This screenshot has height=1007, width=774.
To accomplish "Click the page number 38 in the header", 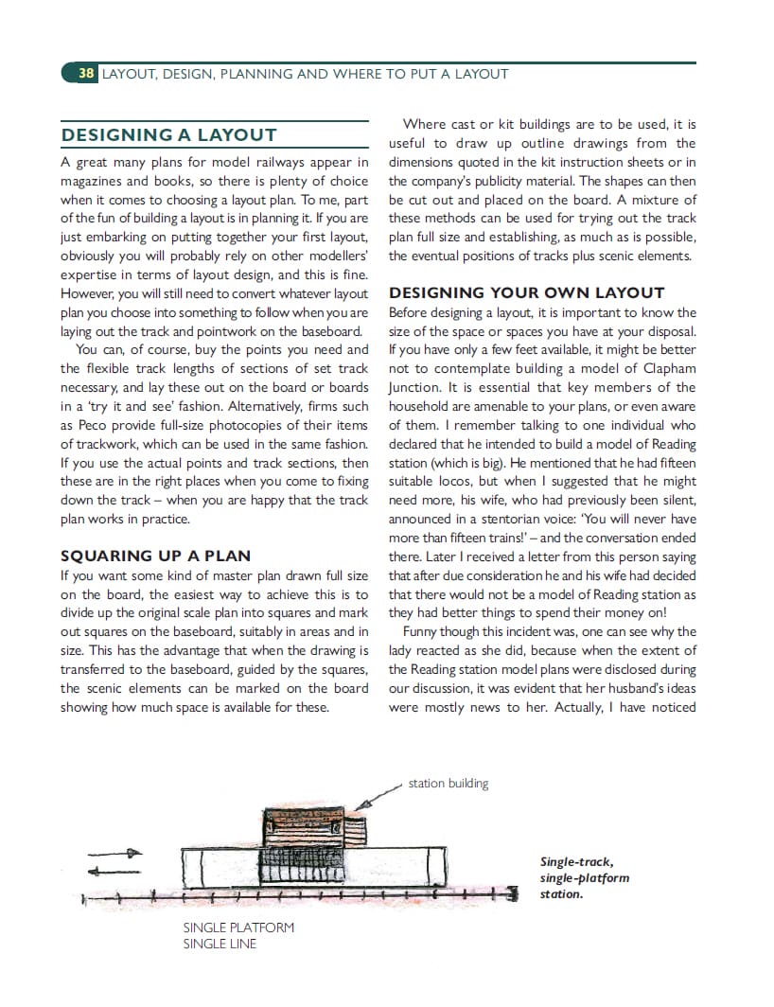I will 86,73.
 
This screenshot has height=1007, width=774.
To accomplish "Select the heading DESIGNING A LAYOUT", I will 168,135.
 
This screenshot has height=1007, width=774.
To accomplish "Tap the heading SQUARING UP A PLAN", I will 155,556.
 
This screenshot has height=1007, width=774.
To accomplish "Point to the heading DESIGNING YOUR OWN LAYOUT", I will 526,292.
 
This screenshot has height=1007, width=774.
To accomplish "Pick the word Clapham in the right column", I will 663,368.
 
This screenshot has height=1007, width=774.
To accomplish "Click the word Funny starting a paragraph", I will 424,631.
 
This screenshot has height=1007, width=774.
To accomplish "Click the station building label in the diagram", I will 449,783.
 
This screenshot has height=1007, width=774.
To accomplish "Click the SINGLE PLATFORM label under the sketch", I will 238,927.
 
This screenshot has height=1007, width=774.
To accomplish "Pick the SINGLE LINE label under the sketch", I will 220,943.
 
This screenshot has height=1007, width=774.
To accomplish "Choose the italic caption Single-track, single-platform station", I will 584,877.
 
